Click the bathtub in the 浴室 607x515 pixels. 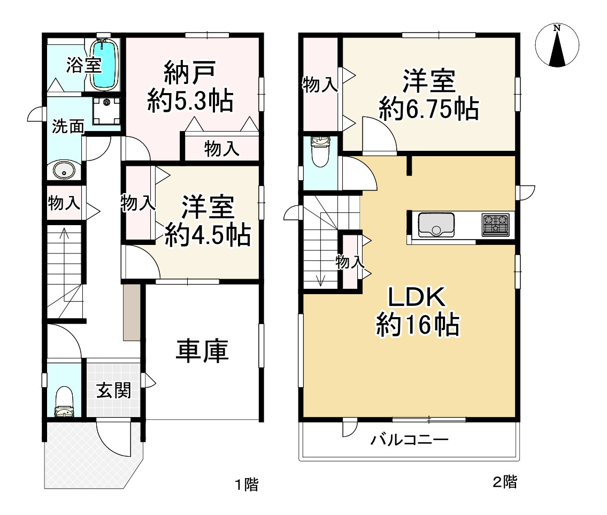pyautogui.click(x=105, y=65)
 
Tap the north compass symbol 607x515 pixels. pyautogui.click(x=557, y=46)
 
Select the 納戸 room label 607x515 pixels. pyautogui.click(x=190, y=73)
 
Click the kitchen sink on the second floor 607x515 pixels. pyautogui.click(x=436, y=224)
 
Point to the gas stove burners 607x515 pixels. pyautogui.click(x=496, y=224)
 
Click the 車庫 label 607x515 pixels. pyautogui.click(x=203, y=351)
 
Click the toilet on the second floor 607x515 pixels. pyautogui.click(x=320, y=152)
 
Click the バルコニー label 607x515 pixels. pyautogui.click(x=409, y=441)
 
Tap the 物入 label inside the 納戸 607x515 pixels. pyautogui.click(x=222, y=149)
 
